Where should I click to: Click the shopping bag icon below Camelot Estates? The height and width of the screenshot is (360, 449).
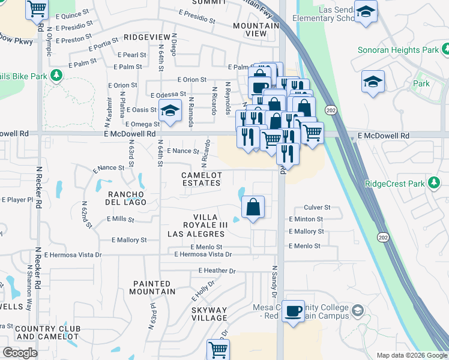point(253,208)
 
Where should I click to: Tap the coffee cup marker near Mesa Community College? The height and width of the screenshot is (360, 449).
point(293,311)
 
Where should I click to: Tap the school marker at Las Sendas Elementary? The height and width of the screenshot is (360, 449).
point(365,11)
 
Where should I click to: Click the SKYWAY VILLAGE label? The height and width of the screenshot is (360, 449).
point(209,314)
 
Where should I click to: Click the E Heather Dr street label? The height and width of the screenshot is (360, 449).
point(217,271)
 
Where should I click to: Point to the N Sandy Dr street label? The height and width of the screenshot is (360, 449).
point(274,283)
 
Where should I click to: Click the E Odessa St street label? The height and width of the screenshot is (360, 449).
point(169,95)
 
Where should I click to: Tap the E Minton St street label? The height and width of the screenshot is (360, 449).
point(306,220)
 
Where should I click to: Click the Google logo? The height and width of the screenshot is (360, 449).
point(20,353)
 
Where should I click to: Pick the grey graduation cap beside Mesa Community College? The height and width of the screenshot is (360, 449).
point(358,311)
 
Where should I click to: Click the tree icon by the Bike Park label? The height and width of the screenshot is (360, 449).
point(56,76)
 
